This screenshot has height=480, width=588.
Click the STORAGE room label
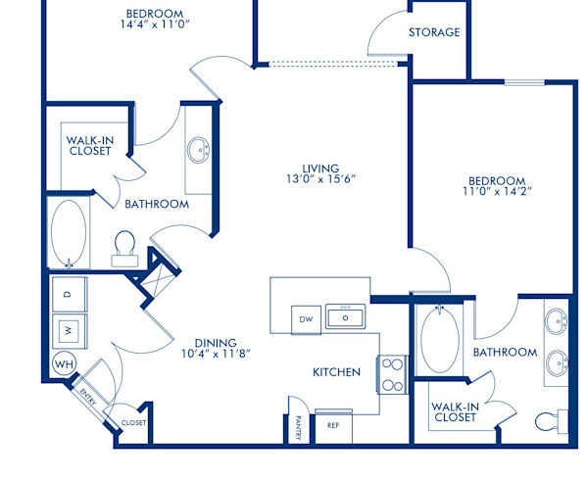point(433,32)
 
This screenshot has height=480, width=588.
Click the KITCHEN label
point(336,372)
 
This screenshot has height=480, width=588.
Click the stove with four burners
point(392,372)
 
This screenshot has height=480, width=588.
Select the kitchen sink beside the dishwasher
point(345,317)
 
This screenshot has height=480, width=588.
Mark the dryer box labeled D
point(68,293)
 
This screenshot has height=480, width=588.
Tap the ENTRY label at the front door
point(88,395)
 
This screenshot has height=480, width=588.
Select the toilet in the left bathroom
point(124,248)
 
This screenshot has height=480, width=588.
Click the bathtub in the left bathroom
point(68,233)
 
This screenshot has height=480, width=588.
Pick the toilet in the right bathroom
point(549,420)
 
